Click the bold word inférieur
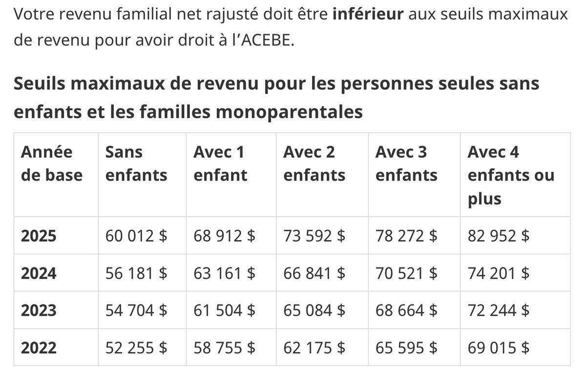point(368,14)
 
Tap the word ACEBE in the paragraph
point(265,40)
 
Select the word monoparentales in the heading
point(289,112)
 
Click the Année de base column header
point(52,163)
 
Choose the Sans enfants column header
point(136,163)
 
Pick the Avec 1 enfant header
point(220,163)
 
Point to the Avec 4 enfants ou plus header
point(511,175)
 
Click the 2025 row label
point(39,236)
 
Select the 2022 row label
point(39,347)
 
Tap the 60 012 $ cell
point(136,236)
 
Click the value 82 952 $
point(499,236)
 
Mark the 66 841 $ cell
point(314,273)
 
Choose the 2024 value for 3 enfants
point(406,273)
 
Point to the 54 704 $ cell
point(136,310)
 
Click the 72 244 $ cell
point(499,310)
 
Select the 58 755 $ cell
point(224,347)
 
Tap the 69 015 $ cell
point(499,347)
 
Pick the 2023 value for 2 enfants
point(314,310)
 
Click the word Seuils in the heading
point(39,83)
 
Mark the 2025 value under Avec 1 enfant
point(224,236)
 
